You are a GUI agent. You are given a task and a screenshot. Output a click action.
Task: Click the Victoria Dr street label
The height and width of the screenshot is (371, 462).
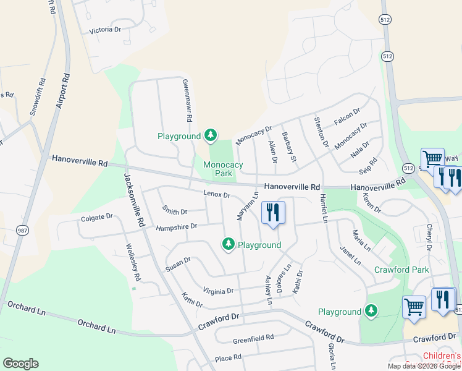tap(105, 30)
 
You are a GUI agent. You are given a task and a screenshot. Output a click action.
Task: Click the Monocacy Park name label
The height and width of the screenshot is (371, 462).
tap(223, 169)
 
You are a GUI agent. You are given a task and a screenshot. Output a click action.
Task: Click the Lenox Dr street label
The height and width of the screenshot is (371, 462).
tap(216, 194)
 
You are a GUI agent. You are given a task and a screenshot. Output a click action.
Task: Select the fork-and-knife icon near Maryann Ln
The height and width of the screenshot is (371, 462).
tap(272, 213)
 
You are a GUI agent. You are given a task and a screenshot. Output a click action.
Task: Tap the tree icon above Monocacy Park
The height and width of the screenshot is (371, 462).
tap(211, 135)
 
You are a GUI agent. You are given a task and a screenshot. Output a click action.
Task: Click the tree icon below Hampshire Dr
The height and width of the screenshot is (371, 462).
tap(229, 245)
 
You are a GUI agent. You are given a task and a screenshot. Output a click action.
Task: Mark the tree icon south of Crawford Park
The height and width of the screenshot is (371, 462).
tap(371, 311)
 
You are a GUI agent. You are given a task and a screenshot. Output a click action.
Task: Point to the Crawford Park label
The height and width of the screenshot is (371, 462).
tap(401, 270)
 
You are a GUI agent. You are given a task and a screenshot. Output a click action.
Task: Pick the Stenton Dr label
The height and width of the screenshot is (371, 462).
tap(321, 132)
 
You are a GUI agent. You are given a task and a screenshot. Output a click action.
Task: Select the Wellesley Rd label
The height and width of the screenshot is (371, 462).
tap(133, 264)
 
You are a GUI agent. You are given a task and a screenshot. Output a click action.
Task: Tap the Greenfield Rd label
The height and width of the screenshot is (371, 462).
tap(253, 339)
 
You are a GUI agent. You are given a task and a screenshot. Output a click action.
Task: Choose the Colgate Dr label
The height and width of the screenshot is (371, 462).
tap(97, 218)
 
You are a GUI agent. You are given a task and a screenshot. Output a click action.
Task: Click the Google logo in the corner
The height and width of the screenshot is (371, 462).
tap(20, 364)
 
